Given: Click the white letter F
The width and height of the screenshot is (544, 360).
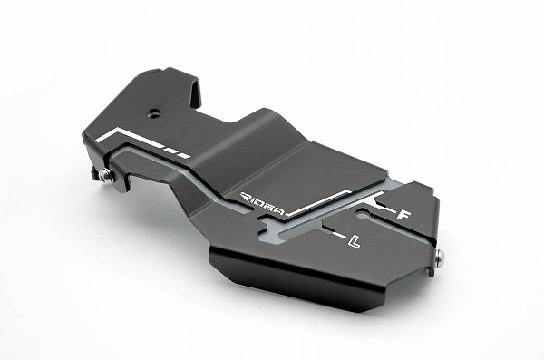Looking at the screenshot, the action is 403,215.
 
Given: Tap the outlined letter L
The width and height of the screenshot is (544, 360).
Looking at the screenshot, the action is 354,241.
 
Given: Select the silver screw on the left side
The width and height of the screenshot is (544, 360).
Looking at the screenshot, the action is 104,175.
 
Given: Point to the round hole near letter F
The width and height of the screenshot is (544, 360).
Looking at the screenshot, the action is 364,214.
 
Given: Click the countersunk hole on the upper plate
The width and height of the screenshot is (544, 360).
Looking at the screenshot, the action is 152,112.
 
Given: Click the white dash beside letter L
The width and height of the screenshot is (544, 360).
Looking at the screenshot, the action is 339,235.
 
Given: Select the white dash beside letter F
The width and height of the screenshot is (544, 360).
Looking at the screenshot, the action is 388,209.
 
